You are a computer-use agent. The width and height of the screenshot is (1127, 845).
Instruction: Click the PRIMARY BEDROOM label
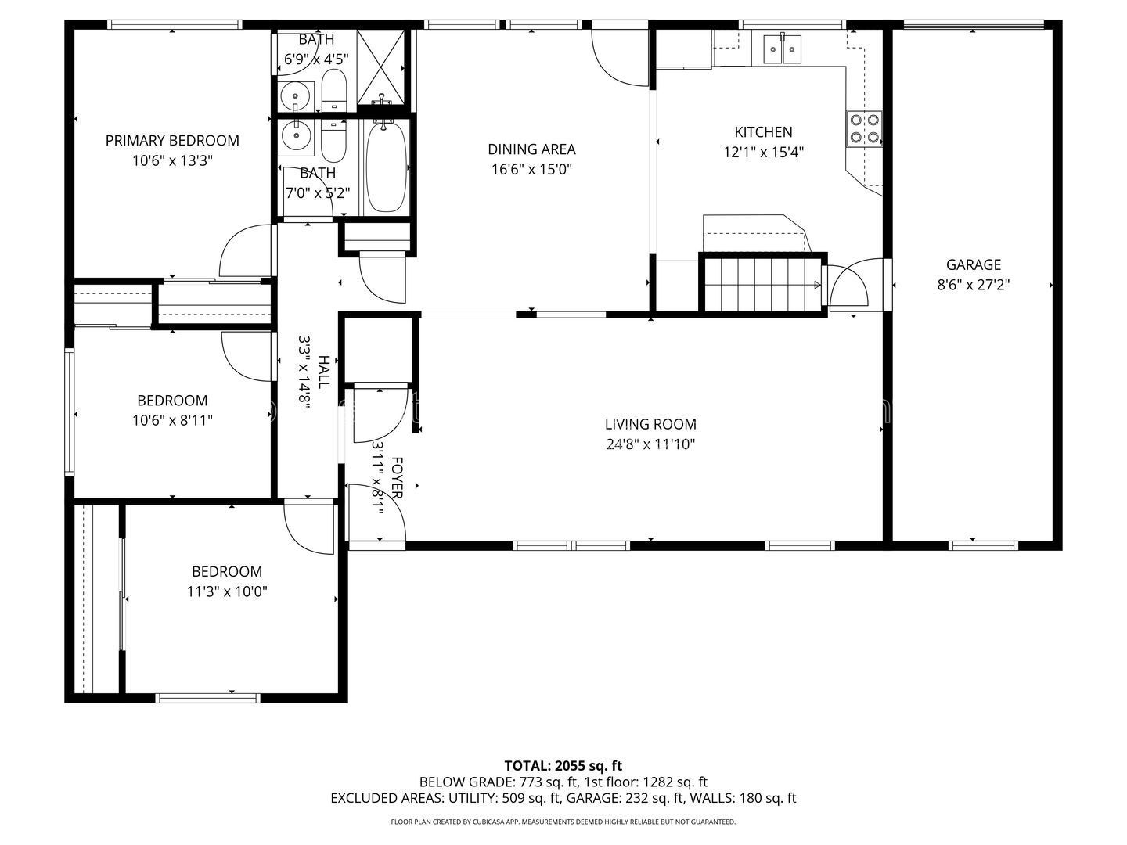(172, 141)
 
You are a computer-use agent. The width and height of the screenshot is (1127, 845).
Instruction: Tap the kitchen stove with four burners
(864, 129)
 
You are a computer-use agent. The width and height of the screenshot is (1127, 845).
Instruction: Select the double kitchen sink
(782, 49)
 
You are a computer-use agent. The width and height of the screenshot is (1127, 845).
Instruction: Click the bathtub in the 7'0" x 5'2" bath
(387, 167)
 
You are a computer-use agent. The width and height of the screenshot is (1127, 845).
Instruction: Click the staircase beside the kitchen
(762, 284)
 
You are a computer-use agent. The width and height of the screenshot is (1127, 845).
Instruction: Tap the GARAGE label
(974, 264)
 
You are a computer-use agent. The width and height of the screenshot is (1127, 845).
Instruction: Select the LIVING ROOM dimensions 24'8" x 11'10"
(650, 444)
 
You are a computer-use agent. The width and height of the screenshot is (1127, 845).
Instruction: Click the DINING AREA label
(531, 149)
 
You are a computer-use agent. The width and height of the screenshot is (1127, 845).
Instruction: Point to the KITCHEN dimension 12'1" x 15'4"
(764, 153)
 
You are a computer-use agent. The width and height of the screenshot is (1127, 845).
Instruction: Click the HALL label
(324, 372)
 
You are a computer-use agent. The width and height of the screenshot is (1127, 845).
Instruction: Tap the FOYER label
(397, 477)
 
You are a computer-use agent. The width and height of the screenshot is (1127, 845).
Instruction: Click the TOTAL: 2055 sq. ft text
(563, 766)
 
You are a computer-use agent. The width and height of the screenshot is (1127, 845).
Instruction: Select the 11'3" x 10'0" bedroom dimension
(227, 591)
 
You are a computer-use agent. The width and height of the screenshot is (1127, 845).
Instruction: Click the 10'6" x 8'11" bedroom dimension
(172, 421)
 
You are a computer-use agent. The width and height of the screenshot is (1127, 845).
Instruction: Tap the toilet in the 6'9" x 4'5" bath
(333, 90)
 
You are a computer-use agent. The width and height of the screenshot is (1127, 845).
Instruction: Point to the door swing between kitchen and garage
(848, 284)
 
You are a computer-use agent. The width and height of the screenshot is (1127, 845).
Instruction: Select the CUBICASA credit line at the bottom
(563, 822)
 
